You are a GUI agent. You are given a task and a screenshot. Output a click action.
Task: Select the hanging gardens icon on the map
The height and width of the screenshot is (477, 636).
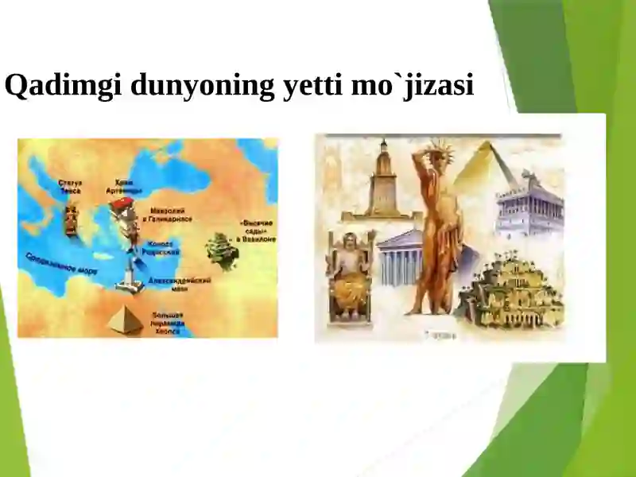pyautogui.click(x=223, y=250)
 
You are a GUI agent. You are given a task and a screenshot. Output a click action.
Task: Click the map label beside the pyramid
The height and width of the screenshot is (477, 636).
pyautogui.click(x=168, y=322)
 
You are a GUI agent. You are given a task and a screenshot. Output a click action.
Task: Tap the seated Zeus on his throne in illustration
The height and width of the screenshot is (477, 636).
pyautogui.click(x=347, y=274)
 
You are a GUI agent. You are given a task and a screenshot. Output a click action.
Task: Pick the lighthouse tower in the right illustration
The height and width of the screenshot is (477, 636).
pyautogui.click(x=383, y=179)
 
